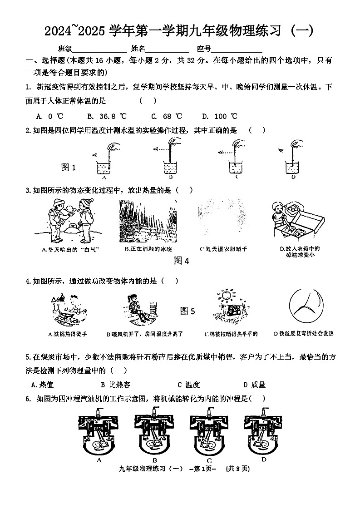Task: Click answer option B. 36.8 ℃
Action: (x=107, y=116)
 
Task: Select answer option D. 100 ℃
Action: (x=220, y=116)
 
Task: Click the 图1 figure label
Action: (x=69, y=168)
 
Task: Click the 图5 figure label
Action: (x=187, y=311)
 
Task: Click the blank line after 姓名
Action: (x=167, y=49)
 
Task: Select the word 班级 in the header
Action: (x=65, y=49)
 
